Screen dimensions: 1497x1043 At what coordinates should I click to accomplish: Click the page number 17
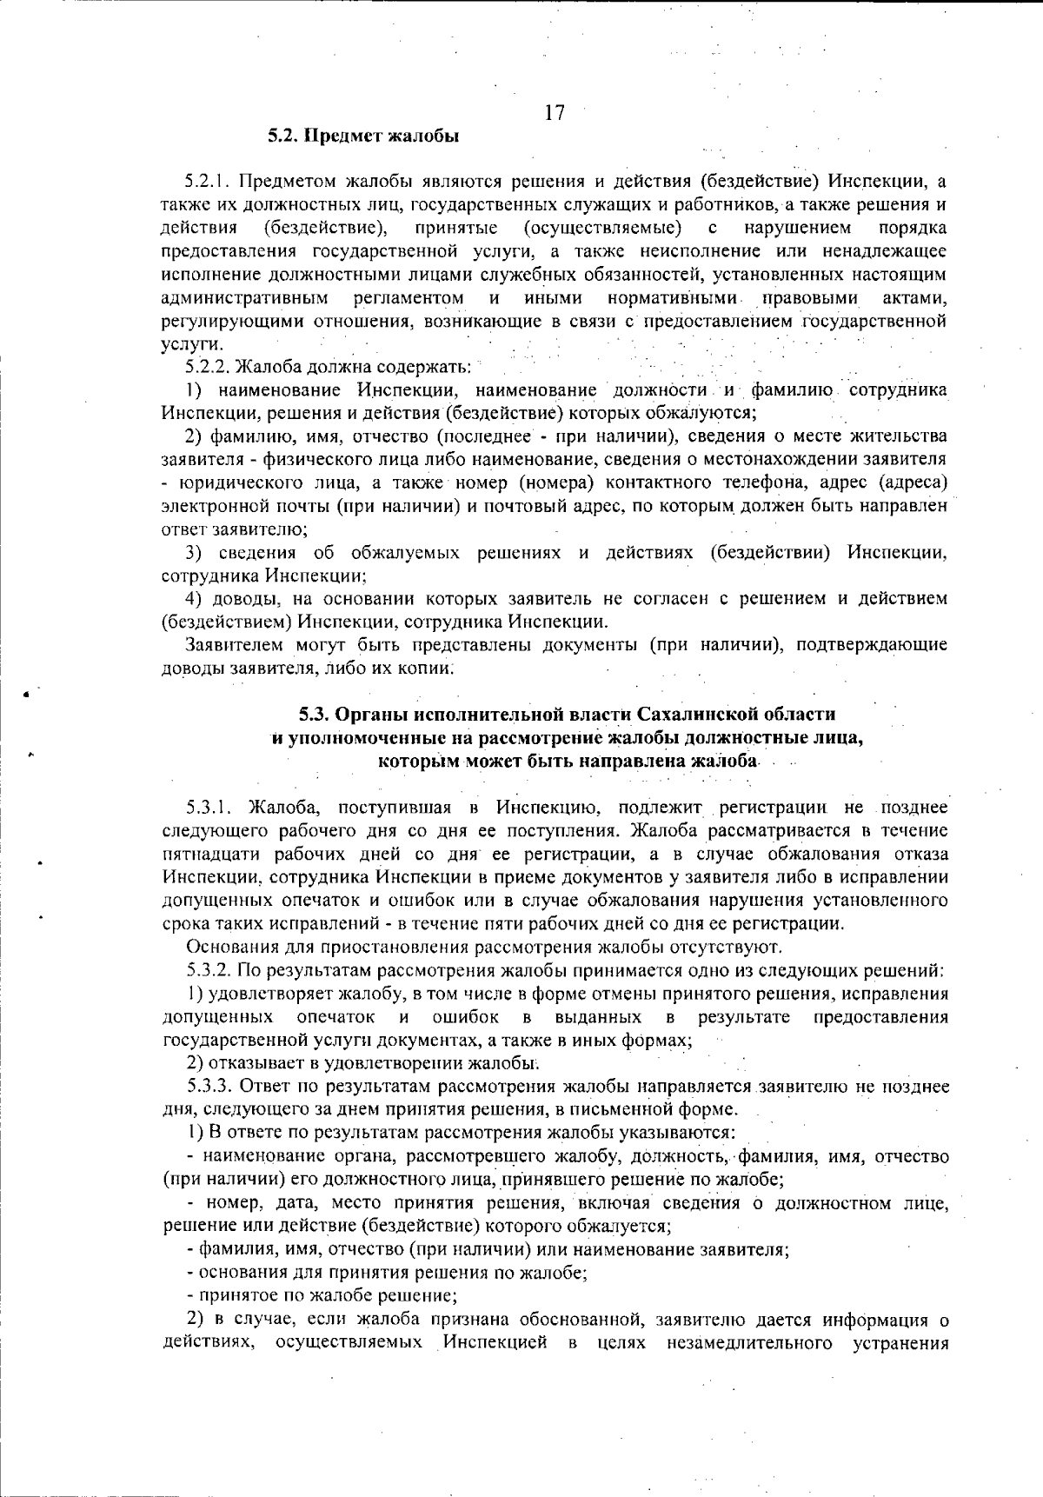pos(555,113)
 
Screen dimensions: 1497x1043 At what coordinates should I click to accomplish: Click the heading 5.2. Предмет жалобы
pos(363,136)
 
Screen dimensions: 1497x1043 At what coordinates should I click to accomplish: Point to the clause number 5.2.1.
pos(207,182)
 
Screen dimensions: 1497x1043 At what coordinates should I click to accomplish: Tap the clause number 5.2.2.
pos(208,367)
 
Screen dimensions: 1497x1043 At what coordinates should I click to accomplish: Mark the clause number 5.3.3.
pos(208,1086)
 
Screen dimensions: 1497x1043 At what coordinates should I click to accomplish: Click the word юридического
pos(232,482)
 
